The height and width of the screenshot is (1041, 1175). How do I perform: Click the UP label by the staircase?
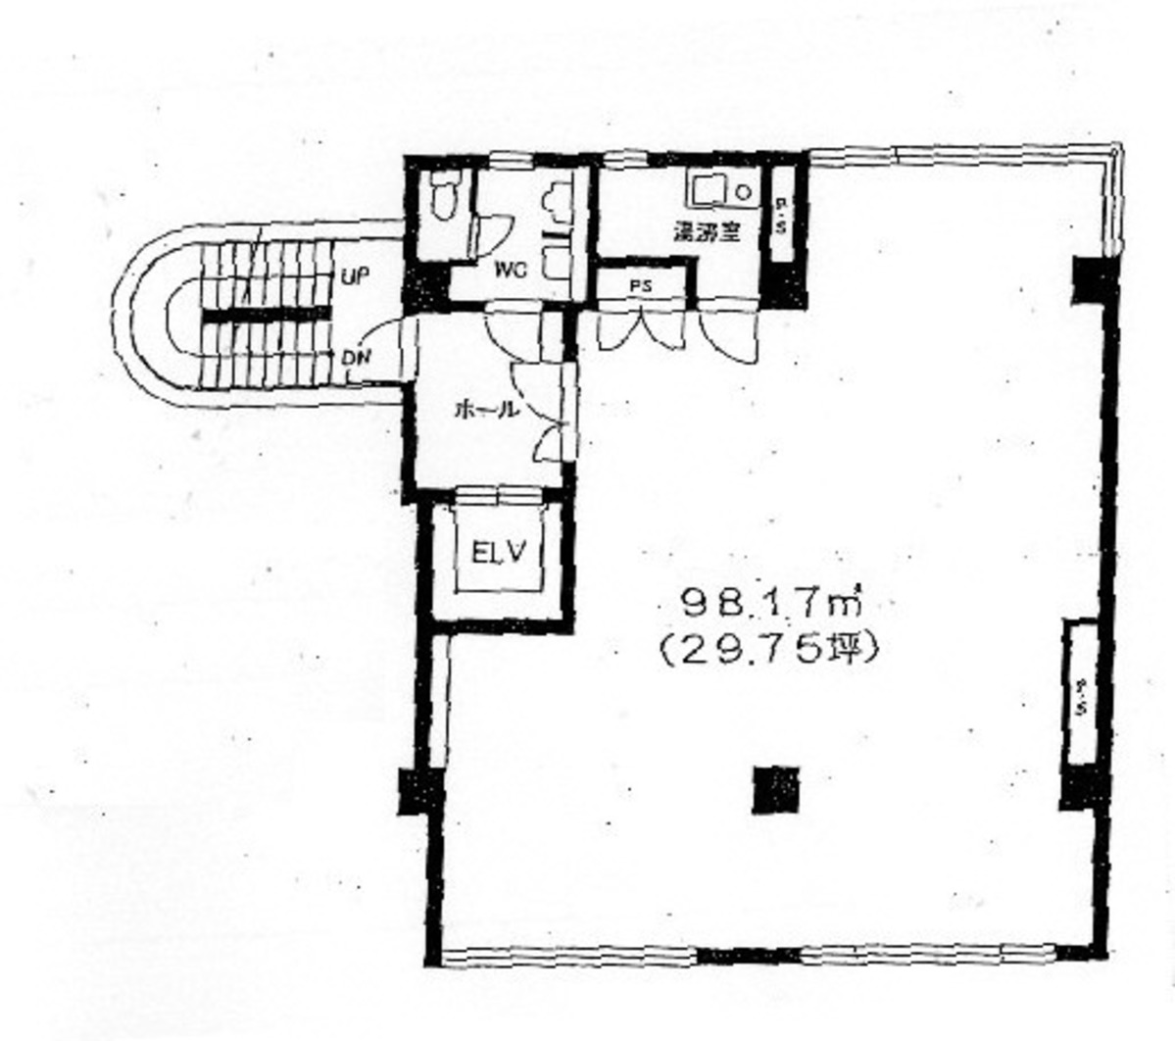(354, 277)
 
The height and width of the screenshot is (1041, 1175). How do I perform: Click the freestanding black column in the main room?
(775, 788)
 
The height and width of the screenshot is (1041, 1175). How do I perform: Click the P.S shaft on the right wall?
(1083, 692)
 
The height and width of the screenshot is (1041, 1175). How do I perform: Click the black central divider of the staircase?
(265, 316)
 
